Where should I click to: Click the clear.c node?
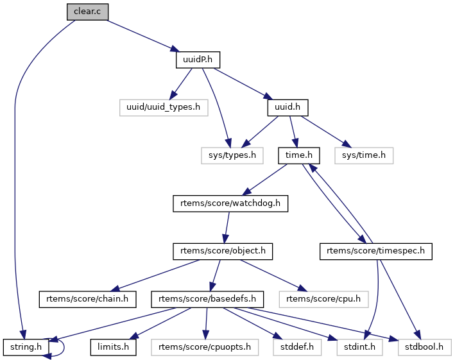tap(87, 12)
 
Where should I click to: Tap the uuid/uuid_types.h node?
tap(164, 107)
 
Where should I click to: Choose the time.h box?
tap(299, 155)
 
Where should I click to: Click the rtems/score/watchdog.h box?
tap(230, 203)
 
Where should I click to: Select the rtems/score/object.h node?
tap(222, 251)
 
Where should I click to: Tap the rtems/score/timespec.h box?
tap(375, 251)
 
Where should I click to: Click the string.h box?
tap(26, 347)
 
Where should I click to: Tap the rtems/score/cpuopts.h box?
tap(205, 347)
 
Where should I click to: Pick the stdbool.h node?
tap(424, 347)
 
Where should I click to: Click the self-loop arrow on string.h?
tap(62, 347)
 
